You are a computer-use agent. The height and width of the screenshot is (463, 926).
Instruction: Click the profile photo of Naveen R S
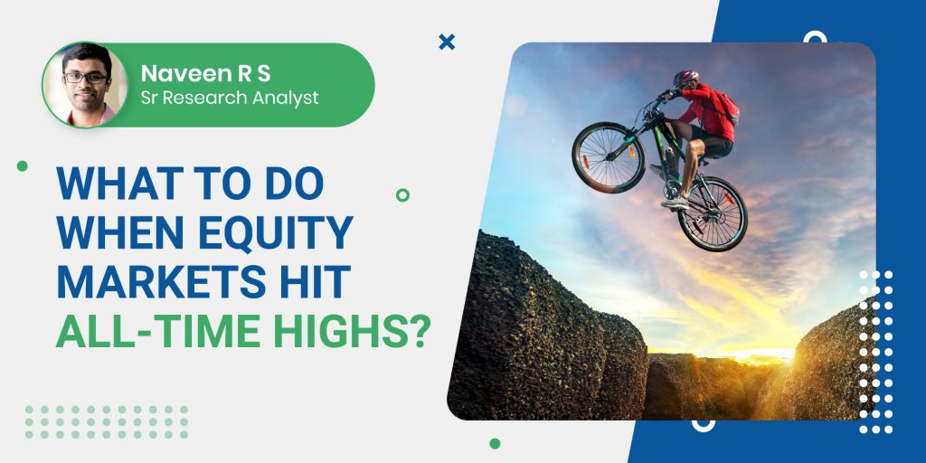(x=84, y=84)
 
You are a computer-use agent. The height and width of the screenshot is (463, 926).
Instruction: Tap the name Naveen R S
(x=205, y=73)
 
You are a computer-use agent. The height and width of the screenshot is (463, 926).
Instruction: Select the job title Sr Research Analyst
(x=230, y=98)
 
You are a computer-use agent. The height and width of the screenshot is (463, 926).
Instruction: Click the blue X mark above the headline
(x=447, y=42)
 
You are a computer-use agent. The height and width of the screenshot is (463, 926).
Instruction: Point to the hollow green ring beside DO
(x=402, y=195)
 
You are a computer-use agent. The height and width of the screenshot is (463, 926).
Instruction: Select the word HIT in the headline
(x=317, y=283)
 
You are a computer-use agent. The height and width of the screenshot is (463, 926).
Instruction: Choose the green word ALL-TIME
(x=158, y=332)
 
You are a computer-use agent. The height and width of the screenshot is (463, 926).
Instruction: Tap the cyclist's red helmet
(x=686, y=78)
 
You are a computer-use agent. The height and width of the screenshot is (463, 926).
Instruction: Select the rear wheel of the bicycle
(x=713, y=213)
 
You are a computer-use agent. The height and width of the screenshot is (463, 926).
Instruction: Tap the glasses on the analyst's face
(x=86, y=78)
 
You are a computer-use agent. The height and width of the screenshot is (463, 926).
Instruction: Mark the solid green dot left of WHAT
(x=23, y=166)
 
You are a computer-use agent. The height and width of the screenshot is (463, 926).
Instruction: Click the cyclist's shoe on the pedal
(x=675, y=203)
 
